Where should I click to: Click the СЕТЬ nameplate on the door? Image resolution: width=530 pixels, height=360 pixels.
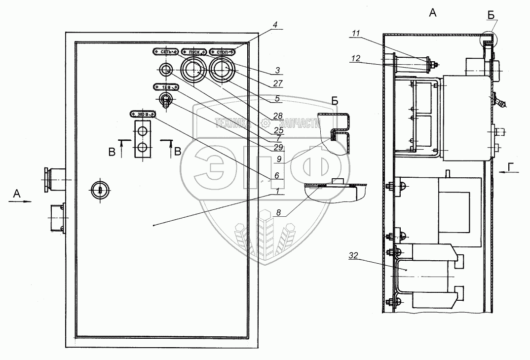(x=165, y=51)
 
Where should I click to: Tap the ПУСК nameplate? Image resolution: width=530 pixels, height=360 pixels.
(x=194, y=51)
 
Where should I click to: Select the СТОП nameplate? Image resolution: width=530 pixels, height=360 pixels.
(x=223, y=51)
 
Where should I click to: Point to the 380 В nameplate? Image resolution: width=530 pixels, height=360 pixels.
(x=143, y=113)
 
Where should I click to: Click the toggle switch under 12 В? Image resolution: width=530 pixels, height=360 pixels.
(x=166, y=100)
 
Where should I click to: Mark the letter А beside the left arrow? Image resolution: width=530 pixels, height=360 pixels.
(x=16, y=195)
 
